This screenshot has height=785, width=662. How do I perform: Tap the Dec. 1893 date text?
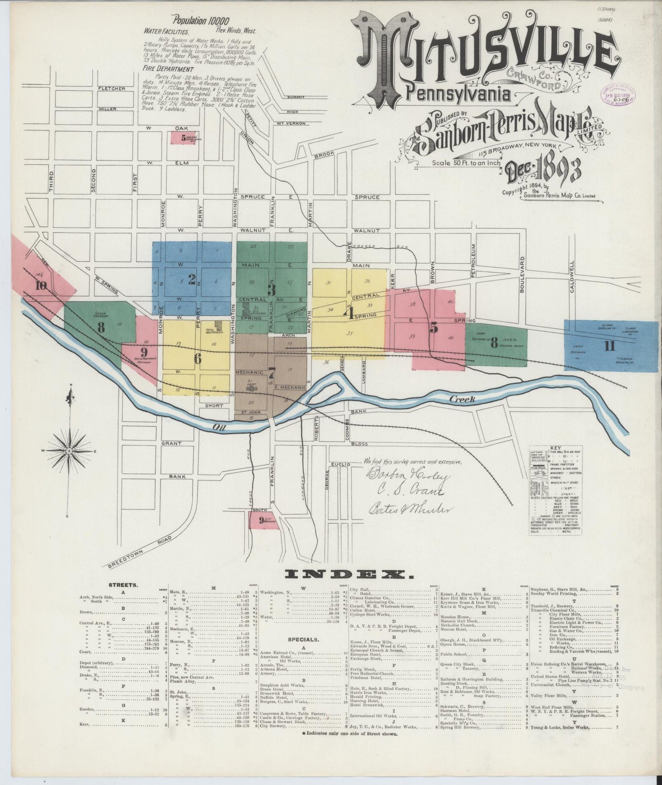click(543, 171)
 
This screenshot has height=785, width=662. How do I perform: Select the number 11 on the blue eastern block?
click(609, 346)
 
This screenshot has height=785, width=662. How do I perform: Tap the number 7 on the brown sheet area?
click(272, 371)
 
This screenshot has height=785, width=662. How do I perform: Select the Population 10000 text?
click(200, 21)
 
